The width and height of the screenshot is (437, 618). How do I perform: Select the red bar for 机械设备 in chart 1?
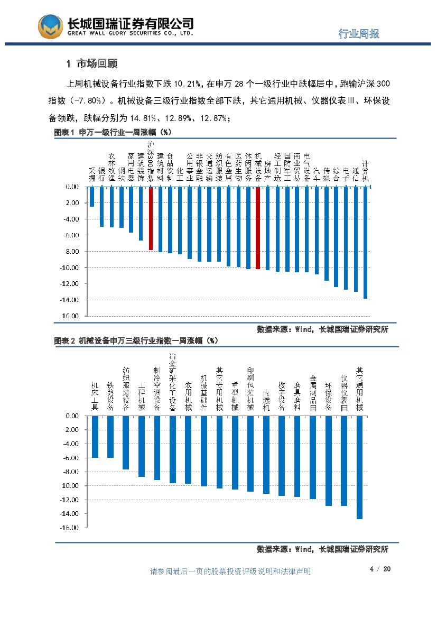point(258,228)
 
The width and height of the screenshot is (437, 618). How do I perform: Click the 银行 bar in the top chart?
point(102,207)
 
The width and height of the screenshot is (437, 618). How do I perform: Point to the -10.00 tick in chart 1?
point(71,268)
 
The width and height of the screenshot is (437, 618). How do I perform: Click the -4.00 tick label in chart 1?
point(71,219)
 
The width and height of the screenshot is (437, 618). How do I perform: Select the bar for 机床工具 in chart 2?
point(95,437)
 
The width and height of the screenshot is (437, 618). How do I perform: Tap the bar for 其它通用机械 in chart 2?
point(359,467)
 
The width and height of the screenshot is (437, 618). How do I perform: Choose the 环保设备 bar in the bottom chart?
point(329,460)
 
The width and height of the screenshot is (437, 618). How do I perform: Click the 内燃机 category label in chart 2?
point(266,401)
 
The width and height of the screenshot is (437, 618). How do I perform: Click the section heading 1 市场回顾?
point(92,64)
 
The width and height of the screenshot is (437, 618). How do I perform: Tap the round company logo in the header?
point(51,26)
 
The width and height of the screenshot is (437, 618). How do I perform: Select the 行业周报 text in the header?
point(359,34)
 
